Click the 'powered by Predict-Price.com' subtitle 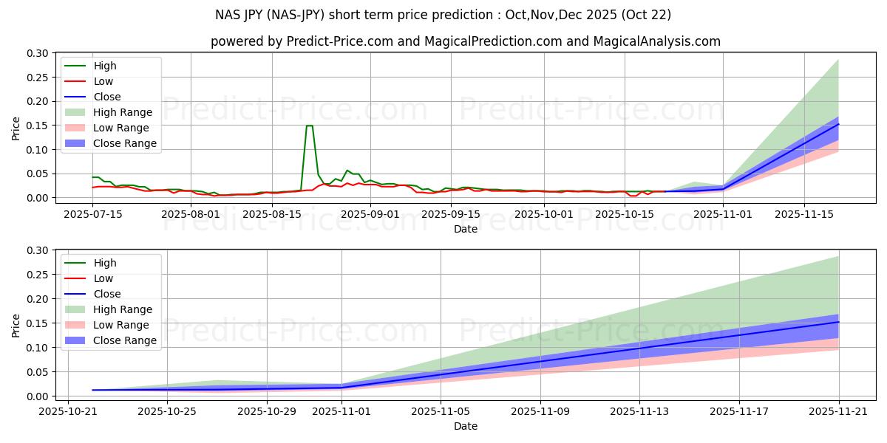(465, 41)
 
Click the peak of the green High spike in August (309, 126)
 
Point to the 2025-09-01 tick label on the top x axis (368, 214)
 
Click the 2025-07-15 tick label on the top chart (92, 214)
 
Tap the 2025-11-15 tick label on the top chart (805, 214)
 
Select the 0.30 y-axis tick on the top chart (38, 53)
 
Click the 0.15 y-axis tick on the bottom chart (38, 323)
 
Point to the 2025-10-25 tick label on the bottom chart (167, 411)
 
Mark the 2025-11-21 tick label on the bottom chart (839, 411)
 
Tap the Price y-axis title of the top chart (16, 128)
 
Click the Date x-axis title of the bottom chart (465, 426)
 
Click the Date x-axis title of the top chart (465, 229)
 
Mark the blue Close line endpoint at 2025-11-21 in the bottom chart (839, 322)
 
